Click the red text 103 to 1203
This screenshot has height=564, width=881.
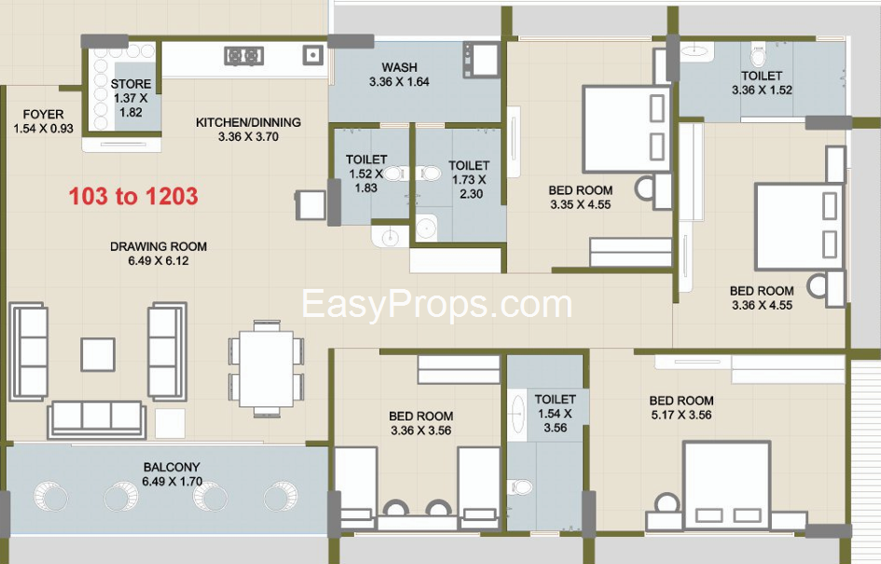tap(133, 196)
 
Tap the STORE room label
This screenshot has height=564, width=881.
tap(131, 84)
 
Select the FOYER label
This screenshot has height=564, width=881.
tap(43, 114)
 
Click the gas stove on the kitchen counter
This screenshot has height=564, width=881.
tap(244, 56)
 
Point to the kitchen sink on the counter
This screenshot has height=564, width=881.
tap(313, 54)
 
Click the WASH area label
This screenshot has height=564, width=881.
tap(400, 67)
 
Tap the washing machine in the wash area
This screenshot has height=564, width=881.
tap(481, 59)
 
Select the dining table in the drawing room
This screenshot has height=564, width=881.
tap(267, 368)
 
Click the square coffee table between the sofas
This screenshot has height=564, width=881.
tap(98, 354)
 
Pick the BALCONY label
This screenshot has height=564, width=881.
tap(172, 467)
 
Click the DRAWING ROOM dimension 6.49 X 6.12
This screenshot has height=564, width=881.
tap(158, 261)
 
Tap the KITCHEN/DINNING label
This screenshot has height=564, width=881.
tap(248, 122)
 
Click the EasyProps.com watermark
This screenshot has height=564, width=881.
tap(436, 304)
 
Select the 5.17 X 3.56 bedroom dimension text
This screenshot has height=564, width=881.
tap(681, 415)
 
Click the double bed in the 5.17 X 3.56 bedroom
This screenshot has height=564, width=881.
tap(726, 486)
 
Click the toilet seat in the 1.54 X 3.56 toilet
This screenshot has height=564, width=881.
tap(520, 487)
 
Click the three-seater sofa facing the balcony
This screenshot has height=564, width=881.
tap(97, 420)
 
